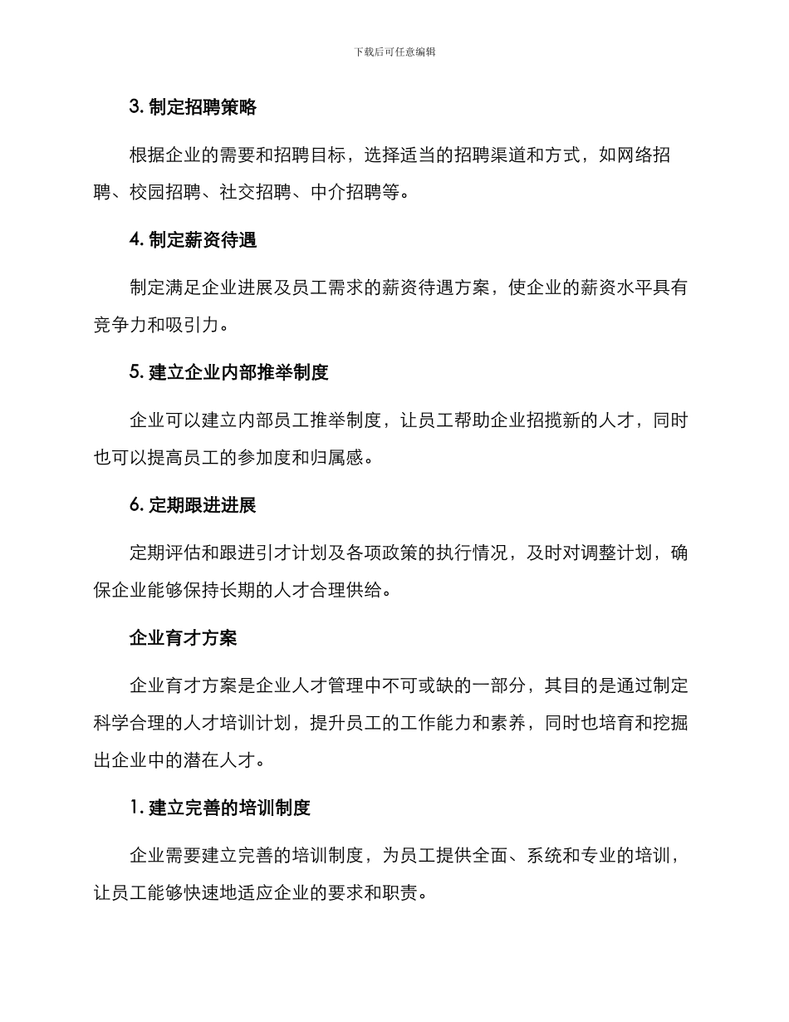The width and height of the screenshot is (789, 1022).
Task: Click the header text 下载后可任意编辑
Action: pos(394,52)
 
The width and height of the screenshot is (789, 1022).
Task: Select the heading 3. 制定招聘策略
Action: pos(193,107)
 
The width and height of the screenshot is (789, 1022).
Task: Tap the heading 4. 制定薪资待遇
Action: pos(193,240)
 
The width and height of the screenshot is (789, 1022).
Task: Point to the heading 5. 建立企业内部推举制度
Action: pos(229,372)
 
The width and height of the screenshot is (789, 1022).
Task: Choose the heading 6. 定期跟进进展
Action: pos(193,505)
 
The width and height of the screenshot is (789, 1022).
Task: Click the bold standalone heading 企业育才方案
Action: pos(184,637)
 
